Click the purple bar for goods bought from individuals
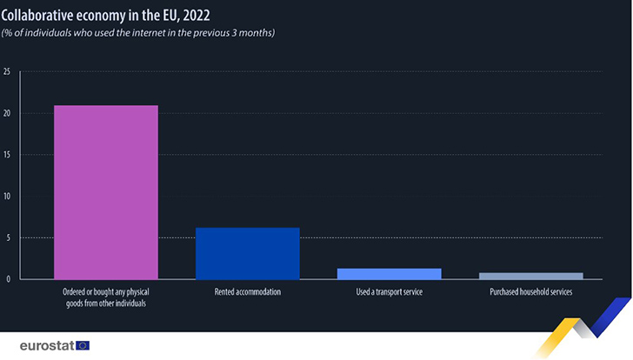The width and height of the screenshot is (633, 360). point(105,192)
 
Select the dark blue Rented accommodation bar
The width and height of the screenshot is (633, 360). point(247,253)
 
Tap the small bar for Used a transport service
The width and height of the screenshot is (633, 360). point(389,274)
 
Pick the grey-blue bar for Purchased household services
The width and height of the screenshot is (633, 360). point(530,276)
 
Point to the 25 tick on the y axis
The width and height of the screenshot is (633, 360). point(7,71)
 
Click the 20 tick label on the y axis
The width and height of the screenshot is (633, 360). point(7,113)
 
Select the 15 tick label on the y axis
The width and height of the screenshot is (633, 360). point(7,155)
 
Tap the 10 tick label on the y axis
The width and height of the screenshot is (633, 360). point(7,196)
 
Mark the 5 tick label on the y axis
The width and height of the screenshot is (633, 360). point(8,237)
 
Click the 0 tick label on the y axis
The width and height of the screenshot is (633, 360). point(8,279)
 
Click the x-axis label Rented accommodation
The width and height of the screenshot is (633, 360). point(247,292)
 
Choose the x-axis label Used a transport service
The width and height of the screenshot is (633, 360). point(389,292)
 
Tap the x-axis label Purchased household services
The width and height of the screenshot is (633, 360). point(530,292)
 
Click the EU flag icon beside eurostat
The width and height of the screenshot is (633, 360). point(83,345)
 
